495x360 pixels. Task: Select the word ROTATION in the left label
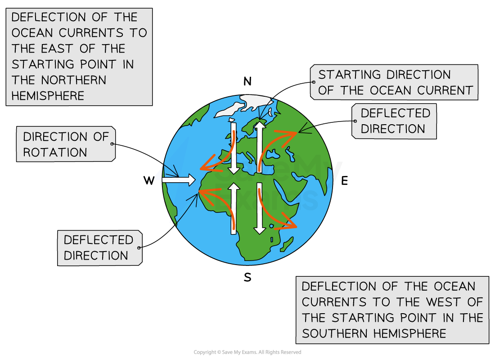pyautogui.click(x=55, y=153)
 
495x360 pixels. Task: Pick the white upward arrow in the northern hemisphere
pyautogui.click(x=260, y=147)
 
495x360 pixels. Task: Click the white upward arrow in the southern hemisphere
pyautogui.click(x=234, y=210)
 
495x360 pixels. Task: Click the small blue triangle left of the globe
pyautogui.click(x=158, y=175)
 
